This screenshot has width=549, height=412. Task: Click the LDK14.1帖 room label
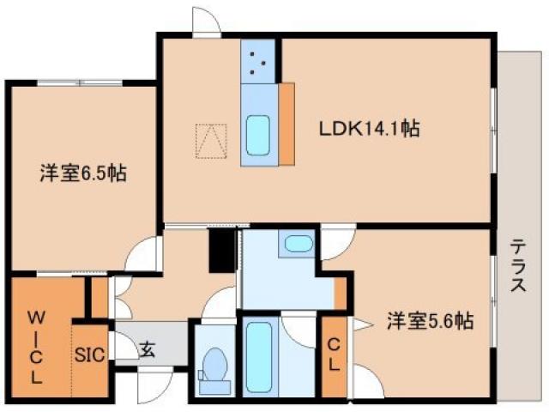[x=369, y=130]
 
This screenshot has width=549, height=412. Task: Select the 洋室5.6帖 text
[x=429, y=321]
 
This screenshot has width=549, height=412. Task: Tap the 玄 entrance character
[x=147, y=349]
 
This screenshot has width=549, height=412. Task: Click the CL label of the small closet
[x=333, y=351]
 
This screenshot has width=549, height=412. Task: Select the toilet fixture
[x=212, y=365]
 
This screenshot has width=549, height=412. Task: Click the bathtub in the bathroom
[x=257, y=354]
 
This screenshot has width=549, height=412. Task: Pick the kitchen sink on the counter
[x=258, y=131]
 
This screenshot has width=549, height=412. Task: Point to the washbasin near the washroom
[x=299, y=243]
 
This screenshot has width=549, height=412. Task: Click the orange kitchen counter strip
[x=287, y=124]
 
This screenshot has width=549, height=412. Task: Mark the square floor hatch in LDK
[x=211, y=142]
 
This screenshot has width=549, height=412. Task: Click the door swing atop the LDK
[x=206, y=21]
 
